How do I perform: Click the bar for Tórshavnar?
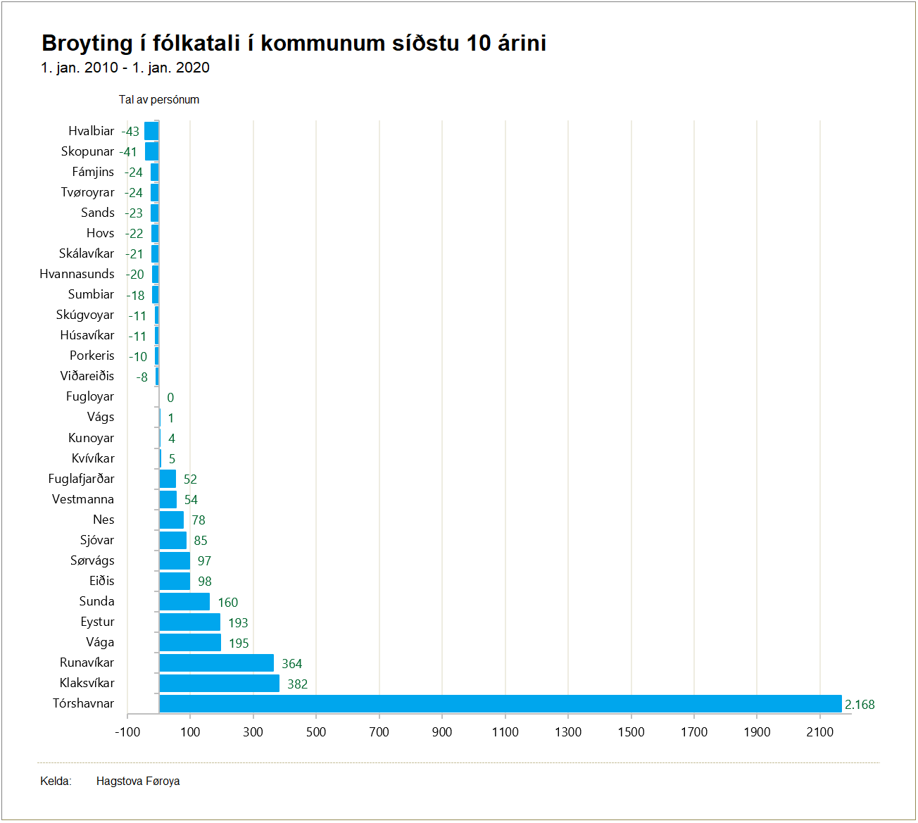coord(500,703)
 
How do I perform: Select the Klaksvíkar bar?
coord(219,683)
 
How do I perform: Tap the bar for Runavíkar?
coord(216,662)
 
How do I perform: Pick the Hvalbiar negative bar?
coord(151,131)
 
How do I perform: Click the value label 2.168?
coord(860,704)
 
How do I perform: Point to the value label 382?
coord(297,684)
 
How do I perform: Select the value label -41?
coord(128,151)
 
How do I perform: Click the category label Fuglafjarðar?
coord(81,479)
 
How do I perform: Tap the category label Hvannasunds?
coord(77,274)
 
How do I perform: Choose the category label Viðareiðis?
coord(87,376)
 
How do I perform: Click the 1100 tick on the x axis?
coord(505,732)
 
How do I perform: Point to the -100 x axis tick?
coord(127,732)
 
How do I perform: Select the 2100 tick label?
coord(819,732)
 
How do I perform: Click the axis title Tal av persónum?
coord(158,99)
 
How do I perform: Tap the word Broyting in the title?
coord(87,43)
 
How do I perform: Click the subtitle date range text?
coord(125,68)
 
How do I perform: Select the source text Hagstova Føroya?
coord(138,781)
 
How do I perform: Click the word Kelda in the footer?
coord(55,781)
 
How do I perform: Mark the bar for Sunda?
coord(184,601)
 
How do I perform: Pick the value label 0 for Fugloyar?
coord(170,398)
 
